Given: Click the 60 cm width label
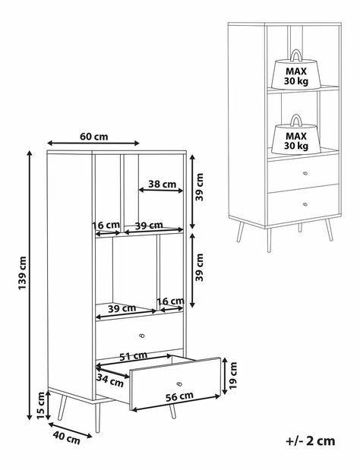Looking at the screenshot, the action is click(x=94, y=137).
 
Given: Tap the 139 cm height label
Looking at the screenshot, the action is click(x=23, y=273).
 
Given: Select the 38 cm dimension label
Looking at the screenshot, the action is click(x=163, y=184).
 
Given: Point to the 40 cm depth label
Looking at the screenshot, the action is click(x=67, y=437).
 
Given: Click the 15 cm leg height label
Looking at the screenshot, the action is click(x=41, y=405).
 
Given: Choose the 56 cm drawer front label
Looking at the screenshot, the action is click(x=179, y=396).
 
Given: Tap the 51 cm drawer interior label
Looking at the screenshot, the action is click(x=134, y=356).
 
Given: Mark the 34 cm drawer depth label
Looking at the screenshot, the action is click(x=110, y=380).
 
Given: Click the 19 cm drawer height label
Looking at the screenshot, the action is click(x=233, y=375).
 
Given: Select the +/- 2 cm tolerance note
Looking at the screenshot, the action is click(x=310, y=441).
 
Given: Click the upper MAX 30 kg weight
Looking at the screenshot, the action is click(x=296, y=70).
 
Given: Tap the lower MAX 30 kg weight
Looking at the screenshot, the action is click(x=296, y=135).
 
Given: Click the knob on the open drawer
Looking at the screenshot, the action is click(x=179, y=384).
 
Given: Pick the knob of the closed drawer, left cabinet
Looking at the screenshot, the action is click(x=142, y=336).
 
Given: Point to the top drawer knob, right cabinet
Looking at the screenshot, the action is click(x=305, y=173).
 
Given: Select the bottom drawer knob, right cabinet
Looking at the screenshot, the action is click(x=305, y=204).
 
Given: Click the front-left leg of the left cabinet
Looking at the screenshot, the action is click(x=97, y=418).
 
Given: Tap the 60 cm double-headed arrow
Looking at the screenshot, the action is click(x=93, y=143).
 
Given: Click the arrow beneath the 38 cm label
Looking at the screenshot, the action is click(x=161, y=191).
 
